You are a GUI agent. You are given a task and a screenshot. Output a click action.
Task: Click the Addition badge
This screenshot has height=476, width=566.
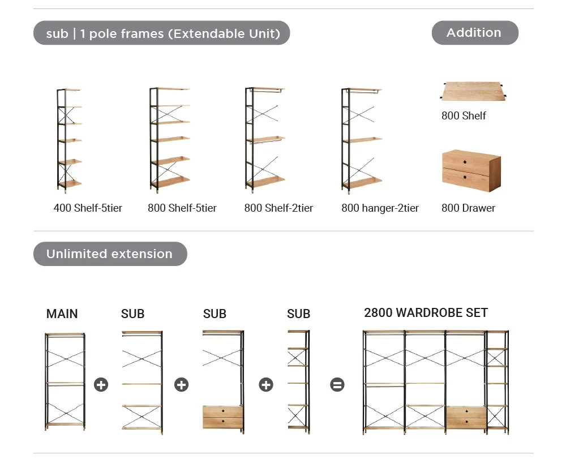point(474,33)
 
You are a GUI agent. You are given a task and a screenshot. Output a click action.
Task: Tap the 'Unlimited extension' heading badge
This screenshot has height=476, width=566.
point(110,254)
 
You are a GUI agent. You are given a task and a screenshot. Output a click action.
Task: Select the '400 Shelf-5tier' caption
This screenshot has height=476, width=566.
point(88,208)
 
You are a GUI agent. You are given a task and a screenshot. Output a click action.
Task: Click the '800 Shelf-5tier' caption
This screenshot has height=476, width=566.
point(182,208)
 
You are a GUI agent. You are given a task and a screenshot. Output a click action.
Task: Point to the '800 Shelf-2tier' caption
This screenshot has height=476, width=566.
point(278,208)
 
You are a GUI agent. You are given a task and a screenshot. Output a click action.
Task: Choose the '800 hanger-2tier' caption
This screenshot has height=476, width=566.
point(380,208)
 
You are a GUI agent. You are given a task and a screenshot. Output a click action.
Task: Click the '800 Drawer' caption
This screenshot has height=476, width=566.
point(468,208)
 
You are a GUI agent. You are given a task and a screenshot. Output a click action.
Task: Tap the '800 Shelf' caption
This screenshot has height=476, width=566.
point(464,116)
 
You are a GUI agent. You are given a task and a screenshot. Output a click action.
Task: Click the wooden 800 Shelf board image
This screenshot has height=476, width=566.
point(473,92)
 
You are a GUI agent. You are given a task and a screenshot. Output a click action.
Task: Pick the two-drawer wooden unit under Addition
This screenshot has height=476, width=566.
point(471,170)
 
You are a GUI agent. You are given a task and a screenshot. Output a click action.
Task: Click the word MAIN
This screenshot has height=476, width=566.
point(62,314)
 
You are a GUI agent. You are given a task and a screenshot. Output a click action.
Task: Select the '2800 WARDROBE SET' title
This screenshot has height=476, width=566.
point(426,313)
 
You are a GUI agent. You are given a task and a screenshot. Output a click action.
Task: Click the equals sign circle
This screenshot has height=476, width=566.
point(337,385)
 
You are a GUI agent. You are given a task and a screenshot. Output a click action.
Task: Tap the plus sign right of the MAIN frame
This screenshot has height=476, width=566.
point(101,385)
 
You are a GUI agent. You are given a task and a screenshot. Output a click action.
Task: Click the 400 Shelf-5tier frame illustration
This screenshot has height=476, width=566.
point(68,138)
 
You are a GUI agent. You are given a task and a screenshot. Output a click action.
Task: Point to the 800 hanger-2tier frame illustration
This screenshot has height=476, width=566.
point(361,138)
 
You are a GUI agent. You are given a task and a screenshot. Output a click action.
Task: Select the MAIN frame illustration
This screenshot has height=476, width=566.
point(65,382)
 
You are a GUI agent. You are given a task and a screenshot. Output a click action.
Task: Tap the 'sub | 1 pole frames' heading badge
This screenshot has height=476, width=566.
point(162,33)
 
